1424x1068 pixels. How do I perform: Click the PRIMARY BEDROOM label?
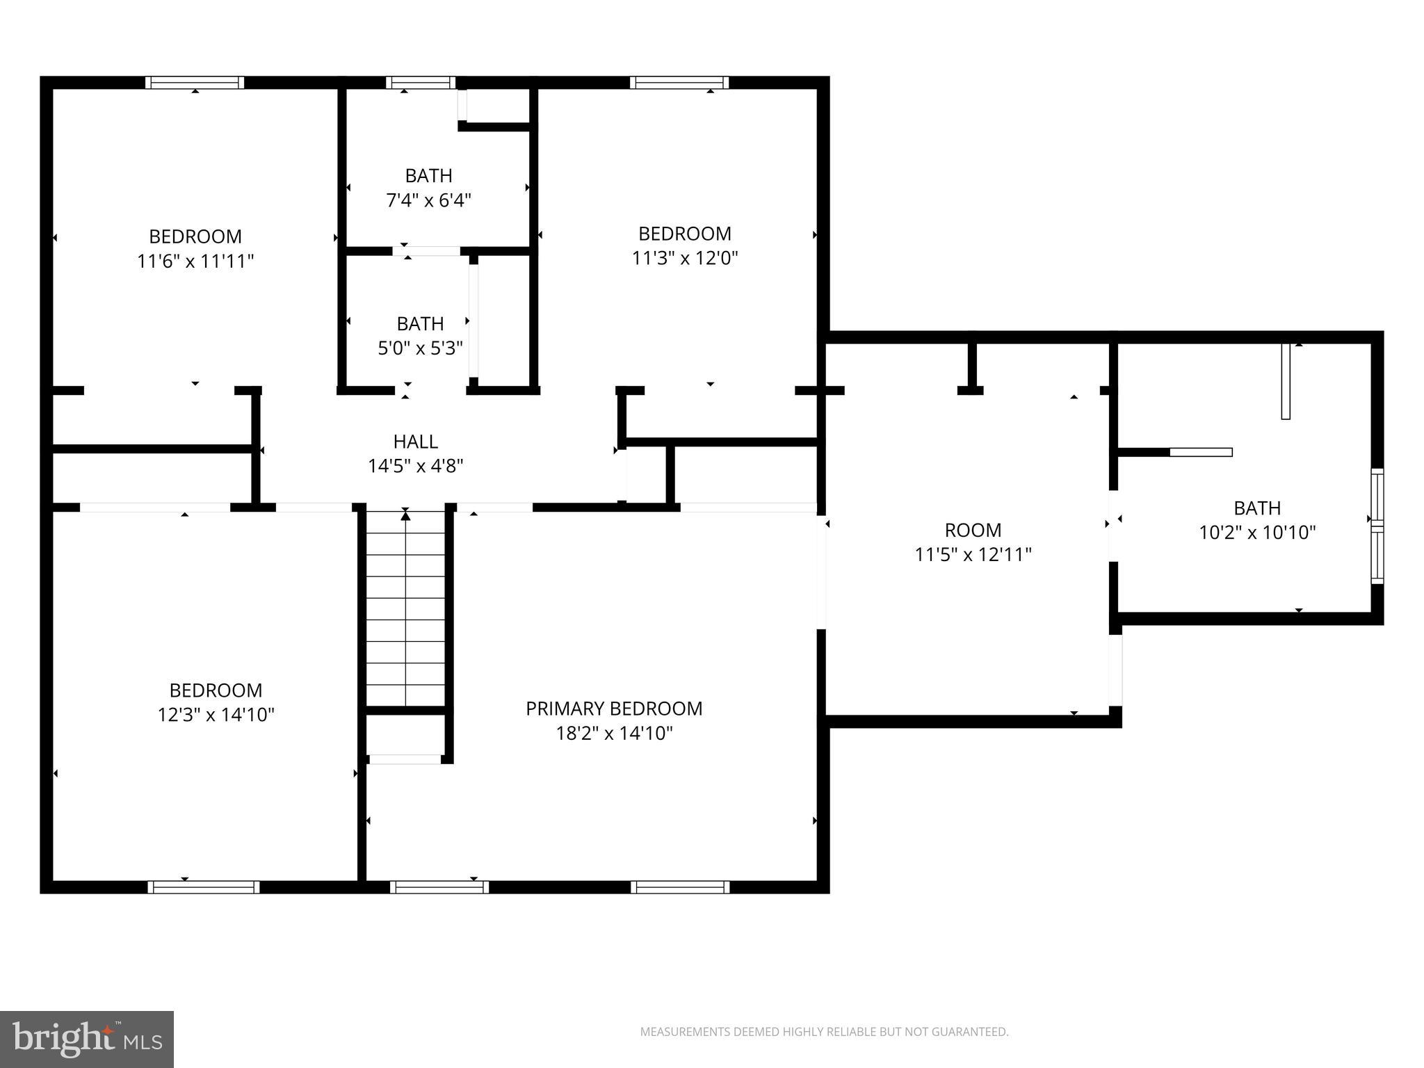pyautogui.click(x=614, y=709)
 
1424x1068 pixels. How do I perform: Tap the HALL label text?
pyautogui.click(x=416, y=442)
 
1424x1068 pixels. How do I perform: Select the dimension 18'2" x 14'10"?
pyautogui.click(x=614, y=734)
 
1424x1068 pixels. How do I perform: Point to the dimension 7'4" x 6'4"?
pyautogui.click(x=428, y=201)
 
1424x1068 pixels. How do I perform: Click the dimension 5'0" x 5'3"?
pyautogui.click(x=420, y=348)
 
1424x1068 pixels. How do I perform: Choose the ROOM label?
pyautogui.click(x=973, y=531)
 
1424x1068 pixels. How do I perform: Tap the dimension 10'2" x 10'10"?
pyautogui.click(x=1257, y=533)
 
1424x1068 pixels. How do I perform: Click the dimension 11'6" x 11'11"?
pyautogui.click(x=195, y=261)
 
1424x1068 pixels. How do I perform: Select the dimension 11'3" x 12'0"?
pyautogui.click(x=685, y=259)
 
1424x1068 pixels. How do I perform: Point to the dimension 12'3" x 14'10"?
pyautogui.click(x=216, y=715)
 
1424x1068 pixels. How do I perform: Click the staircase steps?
pyautogui.click(x=405, y=609)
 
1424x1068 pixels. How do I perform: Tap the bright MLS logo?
pyautogui.click(x=87, y=1039)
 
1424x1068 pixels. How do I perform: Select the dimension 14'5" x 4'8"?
pyautogui.click(x=416, y=466)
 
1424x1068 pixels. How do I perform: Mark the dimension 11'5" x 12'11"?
pyautogui.click(x=973, y=555)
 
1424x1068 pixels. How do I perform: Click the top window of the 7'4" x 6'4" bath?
pyautogui.click(x=421, y=83)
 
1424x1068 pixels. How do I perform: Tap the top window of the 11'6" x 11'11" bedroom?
pyautogui.click(x=195, y=83)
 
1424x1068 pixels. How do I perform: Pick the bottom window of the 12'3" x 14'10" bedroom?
pyautogui.click(x=204, y=887)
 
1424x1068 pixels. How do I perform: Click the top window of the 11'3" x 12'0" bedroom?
pyautogui.click(x=679, y=83)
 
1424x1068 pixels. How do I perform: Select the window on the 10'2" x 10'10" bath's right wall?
pyautogui.click(x=1377, y=526)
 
